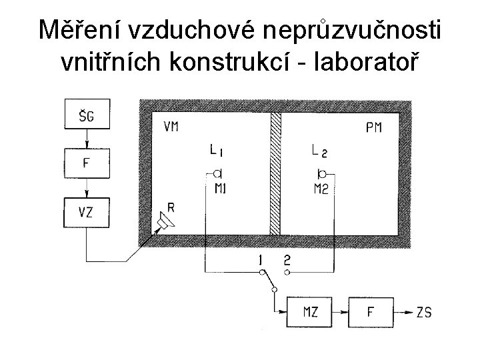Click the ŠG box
86,117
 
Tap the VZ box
86,213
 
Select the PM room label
373,127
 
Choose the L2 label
320,151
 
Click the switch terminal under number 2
287,272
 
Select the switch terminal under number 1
261,272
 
